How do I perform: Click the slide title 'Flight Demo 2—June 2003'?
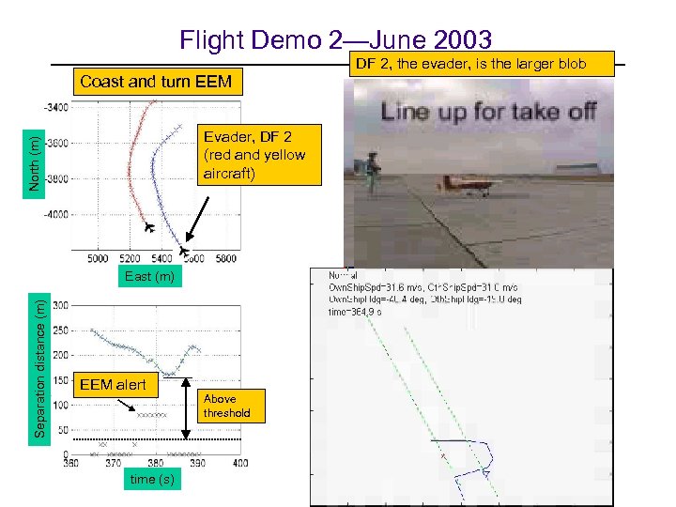[336, 39]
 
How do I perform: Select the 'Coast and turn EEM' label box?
[156, 81]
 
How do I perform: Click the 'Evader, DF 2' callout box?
[253, 155]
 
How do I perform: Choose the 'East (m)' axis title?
[149, 276]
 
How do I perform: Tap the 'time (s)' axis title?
[149, 481]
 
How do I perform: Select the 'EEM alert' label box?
[112, 385]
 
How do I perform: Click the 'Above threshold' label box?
[227, 406]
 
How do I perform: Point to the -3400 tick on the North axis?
[56, 107]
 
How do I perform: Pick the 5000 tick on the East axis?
[98, 258]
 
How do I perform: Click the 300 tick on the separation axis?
[61, 305]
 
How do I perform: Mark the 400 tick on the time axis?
[240, 463]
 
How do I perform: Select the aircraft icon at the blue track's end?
[185, 251]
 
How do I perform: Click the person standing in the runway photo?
[373, 172]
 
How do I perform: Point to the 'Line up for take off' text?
[487, 111]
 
